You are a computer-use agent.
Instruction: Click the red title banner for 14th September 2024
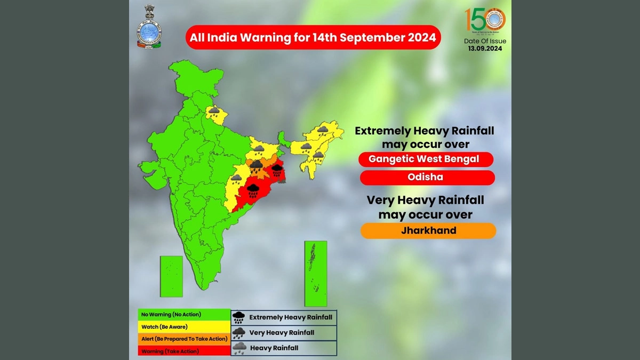click(x=313, y=38)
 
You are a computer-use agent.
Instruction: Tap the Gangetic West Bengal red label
click(x=426, y=159)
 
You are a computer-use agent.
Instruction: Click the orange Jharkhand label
click(x=428, y=231)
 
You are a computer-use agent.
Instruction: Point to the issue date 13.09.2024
click(x=485, y=49)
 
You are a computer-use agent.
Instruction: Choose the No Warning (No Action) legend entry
click(x=184, y=315)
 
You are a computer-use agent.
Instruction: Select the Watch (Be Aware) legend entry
click(x=184, y=326)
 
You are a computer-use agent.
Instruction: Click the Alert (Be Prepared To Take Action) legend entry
click(x=184, y=339)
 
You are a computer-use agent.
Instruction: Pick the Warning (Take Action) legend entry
click(x=184, y=351)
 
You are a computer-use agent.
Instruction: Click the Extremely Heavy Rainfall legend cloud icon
click(x=239, y=317)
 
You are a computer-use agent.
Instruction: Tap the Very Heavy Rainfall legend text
click(x=282, y=333)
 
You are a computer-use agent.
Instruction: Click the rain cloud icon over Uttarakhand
click(x=214, y=111)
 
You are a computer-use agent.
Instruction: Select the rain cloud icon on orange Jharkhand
click(x=257, y=165)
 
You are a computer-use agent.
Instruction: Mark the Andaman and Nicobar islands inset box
click(x=315, y=273)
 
